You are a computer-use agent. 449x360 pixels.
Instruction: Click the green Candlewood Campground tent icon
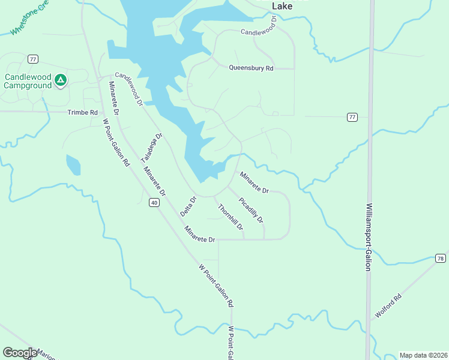60,79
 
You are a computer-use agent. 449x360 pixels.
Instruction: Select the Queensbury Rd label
251,68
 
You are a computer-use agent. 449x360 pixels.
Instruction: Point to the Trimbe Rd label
82,113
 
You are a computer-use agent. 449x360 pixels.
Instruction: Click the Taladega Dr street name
151,148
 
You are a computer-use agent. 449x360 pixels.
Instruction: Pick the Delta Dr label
188,207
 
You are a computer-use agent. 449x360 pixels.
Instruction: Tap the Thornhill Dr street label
231,217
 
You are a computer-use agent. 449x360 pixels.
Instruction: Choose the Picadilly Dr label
251,210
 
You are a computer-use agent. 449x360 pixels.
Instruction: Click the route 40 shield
154,203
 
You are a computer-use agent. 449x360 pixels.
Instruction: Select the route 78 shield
441,258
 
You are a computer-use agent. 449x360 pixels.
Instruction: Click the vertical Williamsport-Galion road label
369,236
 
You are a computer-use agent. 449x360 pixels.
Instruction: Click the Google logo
20,353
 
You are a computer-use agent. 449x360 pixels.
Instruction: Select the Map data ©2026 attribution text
423,355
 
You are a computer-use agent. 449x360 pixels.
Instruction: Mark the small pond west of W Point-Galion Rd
73,164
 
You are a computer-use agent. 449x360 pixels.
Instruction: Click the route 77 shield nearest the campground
32,58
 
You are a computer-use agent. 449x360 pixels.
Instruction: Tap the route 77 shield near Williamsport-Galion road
352,117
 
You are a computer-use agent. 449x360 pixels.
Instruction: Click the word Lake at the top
282,6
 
